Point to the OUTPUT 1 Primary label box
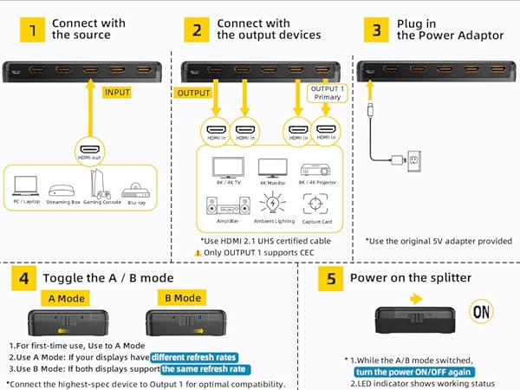coord(326,92)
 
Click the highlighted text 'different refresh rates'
coord(192,356)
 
